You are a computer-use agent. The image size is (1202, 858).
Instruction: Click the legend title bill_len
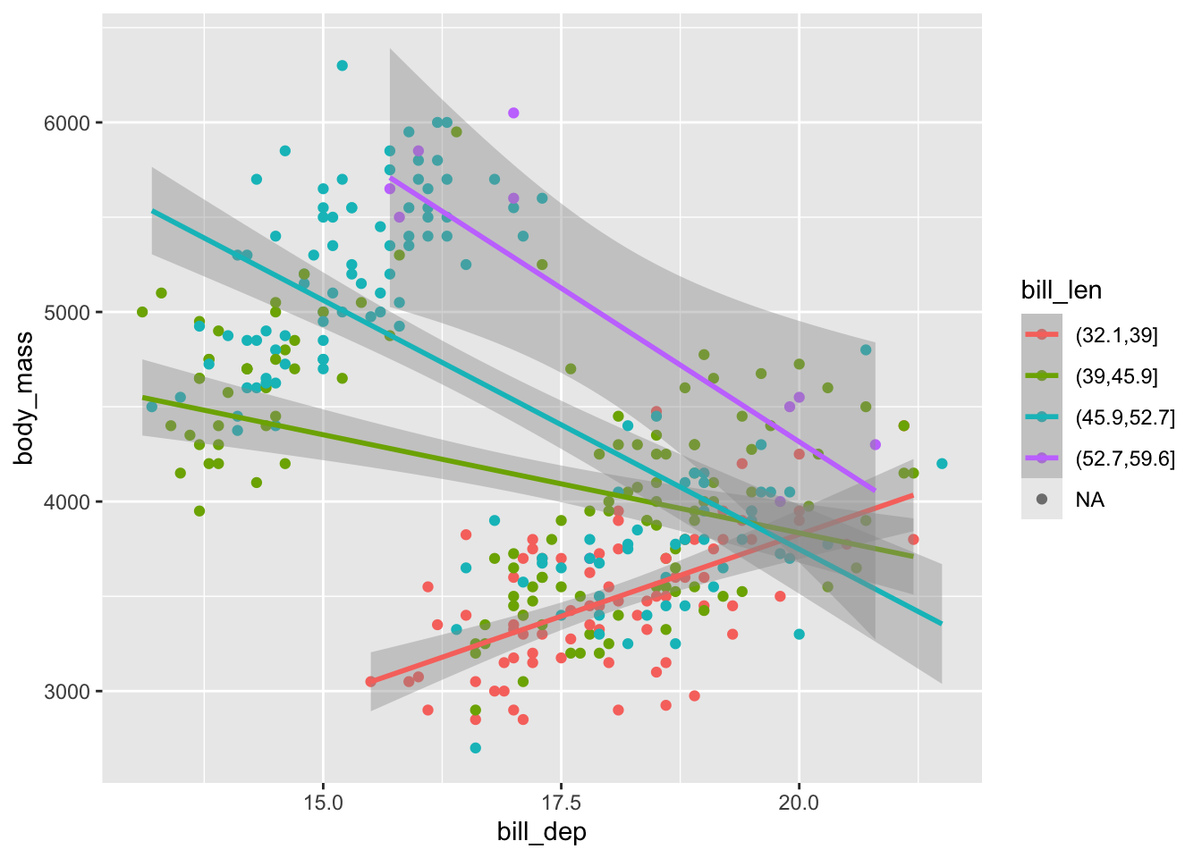coord(1061,290)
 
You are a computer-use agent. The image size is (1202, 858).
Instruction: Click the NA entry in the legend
coord(1089,500)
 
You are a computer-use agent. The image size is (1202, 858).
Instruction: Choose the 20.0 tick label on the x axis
coord(799,801)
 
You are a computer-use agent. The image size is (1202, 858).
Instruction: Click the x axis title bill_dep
coord(542,832)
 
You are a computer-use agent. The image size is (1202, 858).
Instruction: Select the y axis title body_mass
coord(24,398)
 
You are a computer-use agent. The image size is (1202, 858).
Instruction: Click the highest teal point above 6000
coord(342,65)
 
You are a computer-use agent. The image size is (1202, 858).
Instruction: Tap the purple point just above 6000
coord(513,113)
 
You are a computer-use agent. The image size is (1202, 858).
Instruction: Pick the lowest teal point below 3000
coord(475,748)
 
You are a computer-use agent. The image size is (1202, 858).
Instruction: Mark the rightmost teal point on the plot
coord(942,463)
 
